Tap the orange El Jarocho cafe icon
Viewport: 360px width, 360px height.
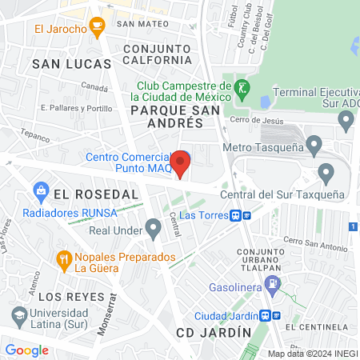point(97,29)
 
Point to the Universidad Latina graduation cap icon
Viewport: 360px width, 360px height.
point(17,315)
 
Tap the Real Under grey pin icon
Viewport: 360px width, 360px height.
point(154,230)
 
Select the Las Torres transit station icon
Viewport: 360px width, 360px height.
point(241,214)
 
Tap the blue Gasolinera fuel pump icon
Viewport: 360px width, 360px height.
point(274,282)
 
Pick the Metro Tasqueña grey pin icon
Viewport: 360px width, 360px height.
point(314,146)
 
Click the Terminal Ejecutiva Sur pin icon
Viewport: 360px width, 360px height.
point(346,121)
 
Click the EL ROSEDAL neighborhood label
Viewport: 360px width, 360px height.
point(86,193)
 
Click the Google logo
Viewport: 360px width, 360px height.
point(26,350)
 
